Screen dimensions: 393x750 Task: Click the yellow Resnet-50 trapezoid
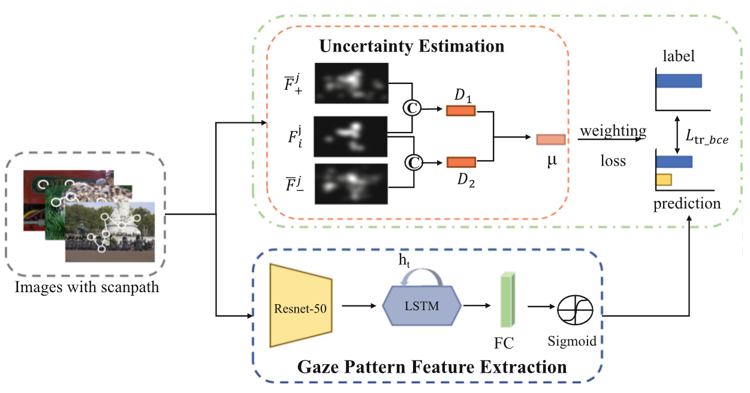[x=300, y=306]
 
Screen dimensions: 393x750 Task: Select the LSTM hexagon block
[x=421, y=306]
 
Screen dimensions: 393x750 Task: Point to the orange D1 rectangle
[x=460, y=110]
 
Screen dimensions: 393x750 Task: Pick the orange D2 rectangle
[x=461, y=162]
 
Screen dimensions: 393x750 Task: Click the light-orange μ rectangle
[x=550, y=139]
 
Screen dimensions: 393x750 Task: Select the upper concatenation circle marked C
[x=412, y=107]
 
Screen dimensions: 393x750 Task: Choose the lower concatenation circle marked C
[x=412, y=161]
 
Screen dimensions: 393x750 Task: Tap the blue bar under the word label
[x=679, y=81]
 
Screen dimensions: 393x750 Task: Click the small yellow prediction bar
[x=664, y=179]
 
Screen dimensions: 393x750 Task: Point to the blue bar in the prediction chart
[x=674, y=161]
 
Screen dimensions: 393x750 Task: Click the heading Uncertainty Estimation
[x=411, y=46]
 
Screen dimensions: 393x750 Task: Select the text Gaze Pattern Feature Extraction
[x=432, y=366]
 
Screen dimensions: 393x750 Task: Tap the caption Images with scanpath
[x=87, y=287]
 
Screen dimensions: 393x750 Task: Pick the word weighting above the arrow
[x=612, y=131]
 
